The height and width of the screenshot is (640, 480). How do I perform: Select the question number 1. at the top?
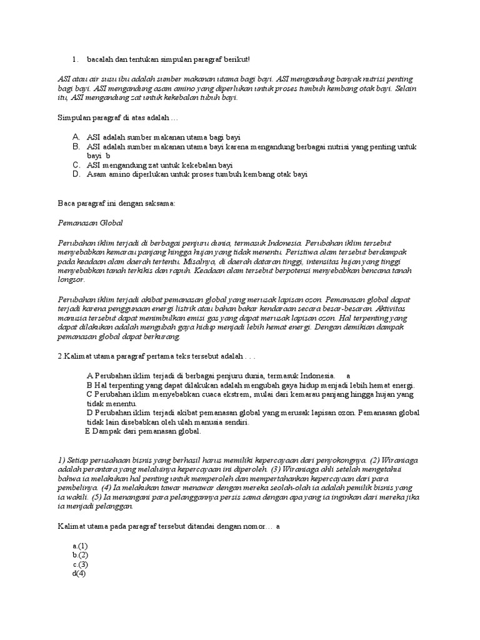pos(75,59)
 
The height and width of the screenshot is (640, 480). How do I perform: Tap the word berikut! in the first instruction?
pos(236,59)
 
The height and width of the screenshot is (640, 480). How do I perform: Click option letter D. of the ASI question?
pos(76,175)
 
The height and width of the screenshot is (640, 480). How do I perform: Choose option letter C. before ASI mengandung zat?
pos(76,165)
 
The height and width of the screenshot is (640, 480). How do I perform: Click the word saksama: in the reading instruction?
pos(160,203)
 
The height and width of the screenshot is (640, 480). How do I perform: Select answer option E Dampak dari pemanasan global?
pos(143,431)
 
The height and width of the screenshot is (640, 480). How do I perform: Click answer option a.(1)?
pos(80,546)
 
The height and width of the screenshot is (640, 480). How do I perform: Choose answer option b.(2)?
pos(80,555)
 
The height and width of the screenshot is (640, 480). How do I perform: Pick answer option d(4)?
pos(79,574)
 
